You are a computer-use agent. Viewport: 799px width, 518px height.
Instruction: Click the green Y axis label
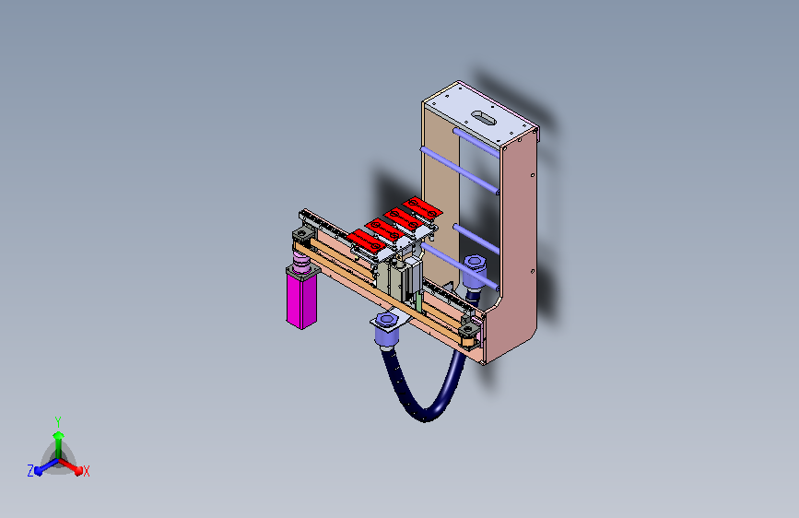click(58, 422)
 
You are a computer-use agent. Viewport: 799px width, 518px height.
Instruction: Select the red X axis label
click(86, 472)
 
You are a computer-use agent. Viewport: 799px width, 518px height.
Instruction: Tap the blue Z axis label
click(30, 471)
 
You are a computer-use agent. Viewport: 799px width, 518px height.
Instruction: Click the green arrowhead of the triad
click(59, 436)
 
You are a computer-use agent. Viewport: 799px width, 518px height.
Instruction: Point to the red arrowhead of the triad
click(77, 470)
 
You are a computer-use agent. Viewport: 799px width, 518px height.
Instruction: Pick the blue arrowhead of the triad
click(39, 471)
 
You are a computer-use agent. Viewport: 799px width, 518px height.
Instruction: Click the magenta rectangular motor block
click(301, 301)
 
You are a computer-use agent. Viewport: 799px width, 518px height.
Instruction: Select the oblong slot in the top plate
click(484, 118)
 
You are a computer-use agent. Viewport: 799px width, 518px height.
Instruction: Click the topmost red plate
click(422, 208)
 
